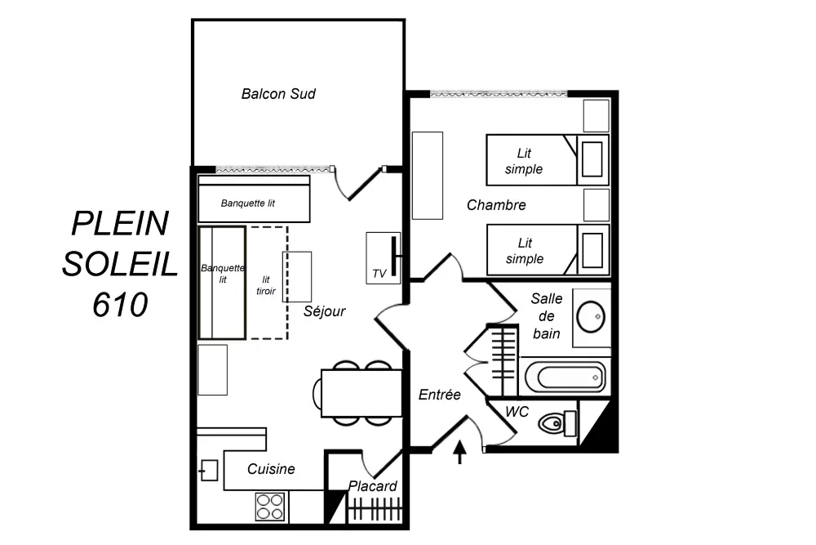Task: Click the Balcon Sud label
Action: pyautogui.click(x=278, y=94)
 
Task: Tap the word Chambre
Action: pyautogui.click(x=496, y=205)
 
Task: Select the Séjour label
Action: pyautogui.click(x=325, y=311)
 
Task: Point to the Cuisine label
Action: pyautogui.click(x=271, y=469)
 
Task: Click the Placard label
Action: pyautogui.click(x=373, y=486)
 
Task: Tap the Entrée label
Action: pyautogui.click(x=440, y=395)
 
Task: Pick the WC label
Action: pyautogui.click(x=517, y=412)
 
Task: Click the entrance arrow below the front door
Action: pyautogui.click(x=460, y=452)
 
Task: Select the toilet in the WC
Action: pyautogui.click(x=558, y=423)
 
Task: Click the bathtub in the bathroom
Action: pyautogui.click(x=565, y=377)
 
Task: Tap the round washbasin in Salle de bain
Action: pyautogui.click(x=591, y=316)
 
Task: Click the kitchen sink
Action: pyautogui.click(x=209, y=470)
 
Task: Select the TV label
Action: pyautogui.click(x=379, y=274)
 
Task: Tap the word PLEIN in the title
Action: pyautogui.click(x=120, y=222)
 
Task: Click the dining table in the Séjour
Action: pyautogui.click(x=361, y=393)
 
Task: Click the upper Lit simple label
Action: pyautogui.click(x=524, y=161)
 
